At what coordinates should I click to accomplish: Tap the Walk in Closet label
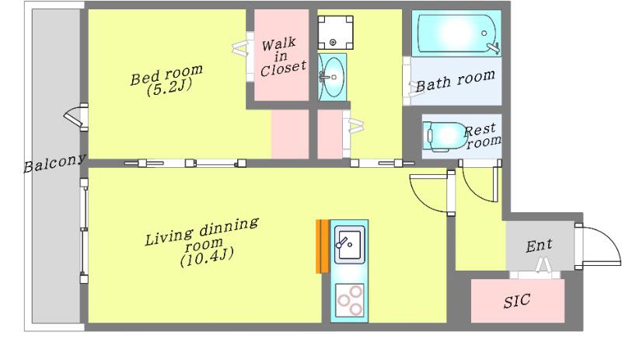click(283, 56)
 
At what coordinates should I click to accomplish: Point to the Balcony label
click(54, 163)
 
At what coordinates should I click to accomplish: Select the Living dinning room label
click(202, 242)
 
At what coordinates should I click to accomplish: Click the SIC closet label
click(517, 300)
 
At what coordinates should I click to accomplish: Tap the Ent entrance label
click(539, 245)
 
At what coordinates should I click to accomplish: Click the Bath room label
click(455, 80)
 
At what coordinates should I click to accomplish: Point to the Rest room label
click(482, 135)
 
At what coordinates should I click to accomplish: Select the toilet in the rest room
click(444, 136)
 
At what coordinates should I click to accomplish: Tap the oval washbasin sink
click(332, 77)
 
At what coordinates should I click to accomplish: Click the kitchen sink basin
click(349, 244)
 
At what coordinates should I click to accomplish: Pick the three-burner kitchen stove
click(349, 300)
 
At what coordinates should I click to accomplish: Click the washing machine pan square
click(335, 33)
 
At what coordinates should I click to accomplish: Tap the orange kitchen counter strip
click(323, 246)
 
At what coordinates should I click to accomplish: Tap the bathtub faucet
click(492, 47)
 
